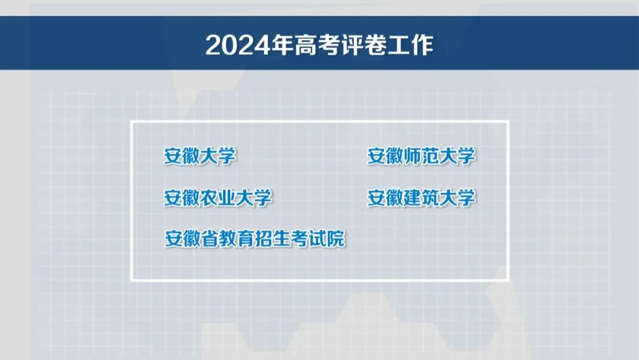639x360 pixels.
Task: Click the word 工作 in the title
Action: (410, 45)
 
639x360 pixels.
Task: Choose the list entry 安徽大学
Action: (200, 156)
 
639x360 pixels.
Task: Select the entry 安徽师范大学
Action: (421, 156)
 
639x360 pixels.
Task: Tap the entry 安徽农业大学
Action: (218, 198)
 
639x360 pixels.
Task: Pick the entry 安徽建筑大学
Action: (421, 198)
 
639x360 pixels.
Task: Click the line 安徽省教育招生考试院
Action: (254, 239)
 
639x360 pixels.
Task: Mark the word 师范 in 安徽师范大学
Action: (421, 156)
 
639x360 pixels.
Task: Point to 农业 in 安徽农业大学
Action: (218, 198)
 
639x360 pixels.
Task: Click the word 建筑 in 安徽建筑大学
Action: (421, 198)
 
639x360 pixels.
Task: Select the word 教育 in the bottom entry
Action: (237, 239)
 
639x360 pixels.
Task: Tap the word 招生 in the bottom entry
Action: (273, 239)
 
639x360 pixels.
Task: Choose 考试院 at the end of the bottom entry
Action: (318, 239)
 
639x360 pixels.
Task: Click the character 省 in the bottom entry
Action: (210, 239)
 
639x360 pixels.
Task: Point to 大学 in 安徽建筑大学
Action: (457, 198)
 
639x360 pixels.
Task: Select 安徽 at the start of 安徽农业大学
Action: (182, 198)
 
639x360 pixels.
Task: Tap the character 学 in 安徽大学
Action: (227, 156)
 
